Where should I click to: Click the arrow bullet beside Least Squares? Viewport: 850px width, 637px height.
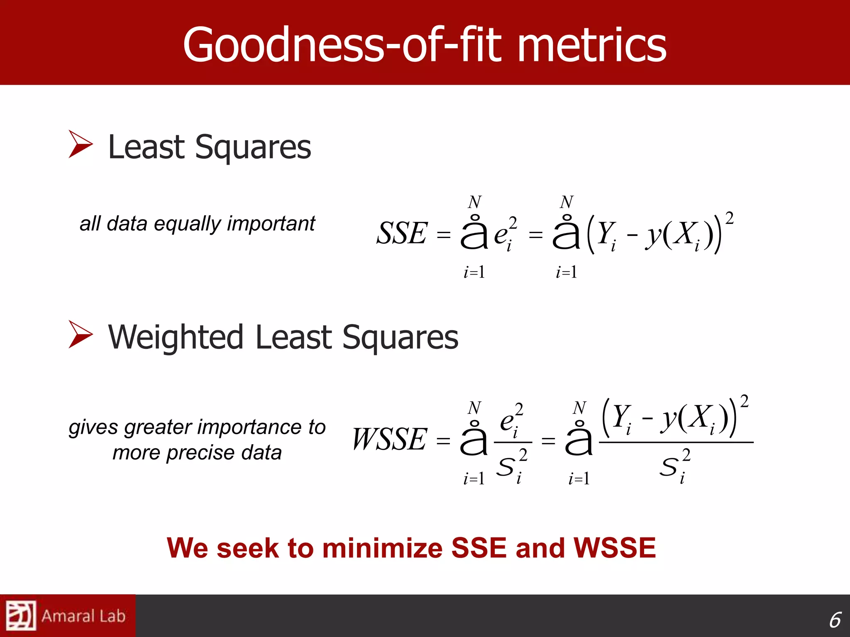(x=81, y=144)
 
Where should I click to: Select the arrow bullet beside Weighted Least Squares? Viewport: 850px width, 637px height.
(x=81, y=334)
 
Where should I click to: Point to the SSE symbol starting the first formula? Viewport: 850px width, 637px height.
(x=401, y=233)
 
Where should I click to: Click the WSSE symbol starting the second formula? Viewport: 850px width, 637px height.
(x=389, y=440)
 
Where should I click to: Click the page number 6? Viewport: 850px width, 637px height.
(x=835, y=620)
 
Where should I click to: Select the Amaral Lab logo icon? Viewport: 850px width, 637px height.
(x=21, y=615)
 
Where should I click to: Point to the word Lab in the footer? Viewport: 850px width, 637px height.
(x=112, y=616)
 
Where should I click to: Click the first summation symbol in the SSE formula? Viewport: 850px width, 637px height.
(x=474, y=233)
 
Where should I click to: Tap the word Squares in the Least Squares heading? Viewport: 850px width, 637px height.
(x=253, y=147)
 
